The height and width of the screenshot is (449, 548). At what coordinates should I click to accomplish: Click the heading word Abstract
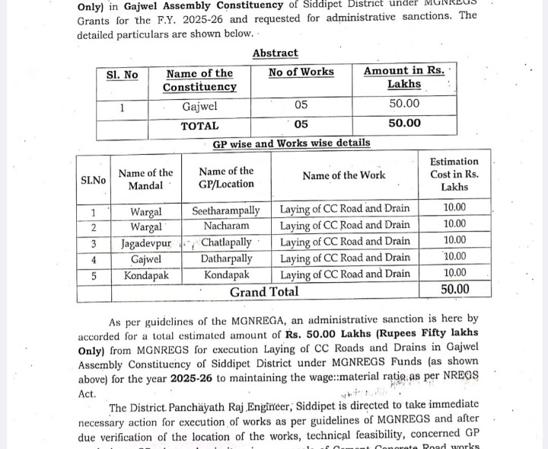[x=275, y=53]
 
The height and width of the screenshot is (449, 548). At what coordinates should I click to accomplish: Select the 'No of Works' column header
[x=301, y=72]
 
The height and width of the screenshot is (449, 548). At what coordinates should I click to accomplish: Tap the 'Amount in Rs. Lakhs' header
[x=403, y=77]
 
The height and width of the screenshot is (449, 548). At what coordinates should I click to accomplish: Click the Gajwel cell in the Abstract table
[x=199, y=106]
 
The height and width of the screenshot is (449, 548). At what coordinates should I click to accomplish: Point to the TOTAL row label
[x=199, y=125]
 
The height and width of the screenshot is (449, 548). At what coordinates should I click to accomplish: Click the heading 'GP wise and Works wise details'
[x=292, y=143]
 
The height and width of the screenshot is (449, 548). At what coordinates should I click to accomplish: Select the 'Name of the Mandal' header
[x=145, y=180]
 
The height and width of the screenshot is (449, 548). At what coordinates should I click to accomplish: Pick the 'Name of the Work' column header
[x=343, y=175]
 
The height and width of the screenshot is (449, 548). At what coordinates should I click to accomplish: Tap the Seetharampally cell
[x=226, y=210]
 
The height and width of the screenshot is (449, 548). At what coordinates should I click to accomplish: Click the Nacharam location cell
[x=226, y=226]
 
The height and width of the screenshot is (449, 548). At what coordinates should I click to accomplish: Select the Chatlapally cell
[x=227, y=242]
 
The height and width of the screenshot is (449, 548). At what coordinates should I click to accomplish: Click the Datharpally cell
[x=226, y=258]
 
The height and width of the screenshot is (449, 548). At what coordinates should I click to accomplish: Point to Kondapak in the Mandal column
[x=146, y=274]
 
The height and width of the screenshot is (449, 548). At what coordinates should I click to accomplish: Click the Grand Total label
[x=264, y=292]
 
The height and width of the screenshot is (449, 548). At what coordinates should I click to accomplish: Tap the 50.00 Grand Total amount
[x=454, y=290]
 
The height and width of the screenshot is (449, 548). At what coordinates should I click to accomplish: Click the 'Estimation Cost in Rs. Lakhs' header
[x=454, y=174]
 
